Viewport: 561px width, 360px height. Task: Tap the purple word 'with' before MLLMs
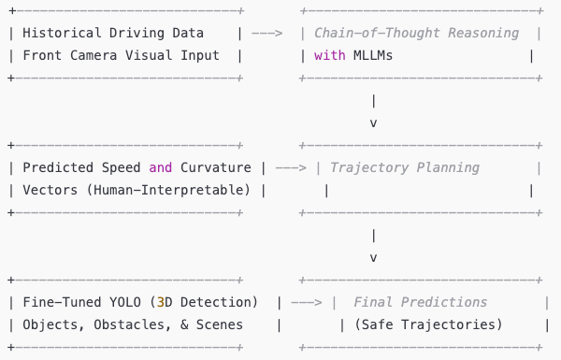(329, 55)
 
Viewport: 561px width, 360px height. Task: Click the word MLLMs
(372, 55)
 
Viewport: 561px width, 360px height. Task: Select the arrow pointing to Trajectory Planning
(290, 167)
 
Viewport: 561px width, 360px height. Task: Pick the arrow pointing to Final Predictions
(306, 302)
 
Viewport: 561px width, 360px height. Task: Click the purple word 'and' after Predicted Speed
(161, 167)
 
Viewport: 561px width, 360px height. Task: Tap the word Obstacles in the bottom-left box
(126, 324)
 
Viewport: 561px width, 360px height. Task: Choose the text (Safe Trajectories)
(422, 324)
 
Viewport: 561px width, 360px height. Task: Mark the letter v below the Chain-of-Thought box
(374, 122)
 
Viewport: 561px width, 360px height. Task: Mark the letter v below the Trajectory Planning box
(374, 257)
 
